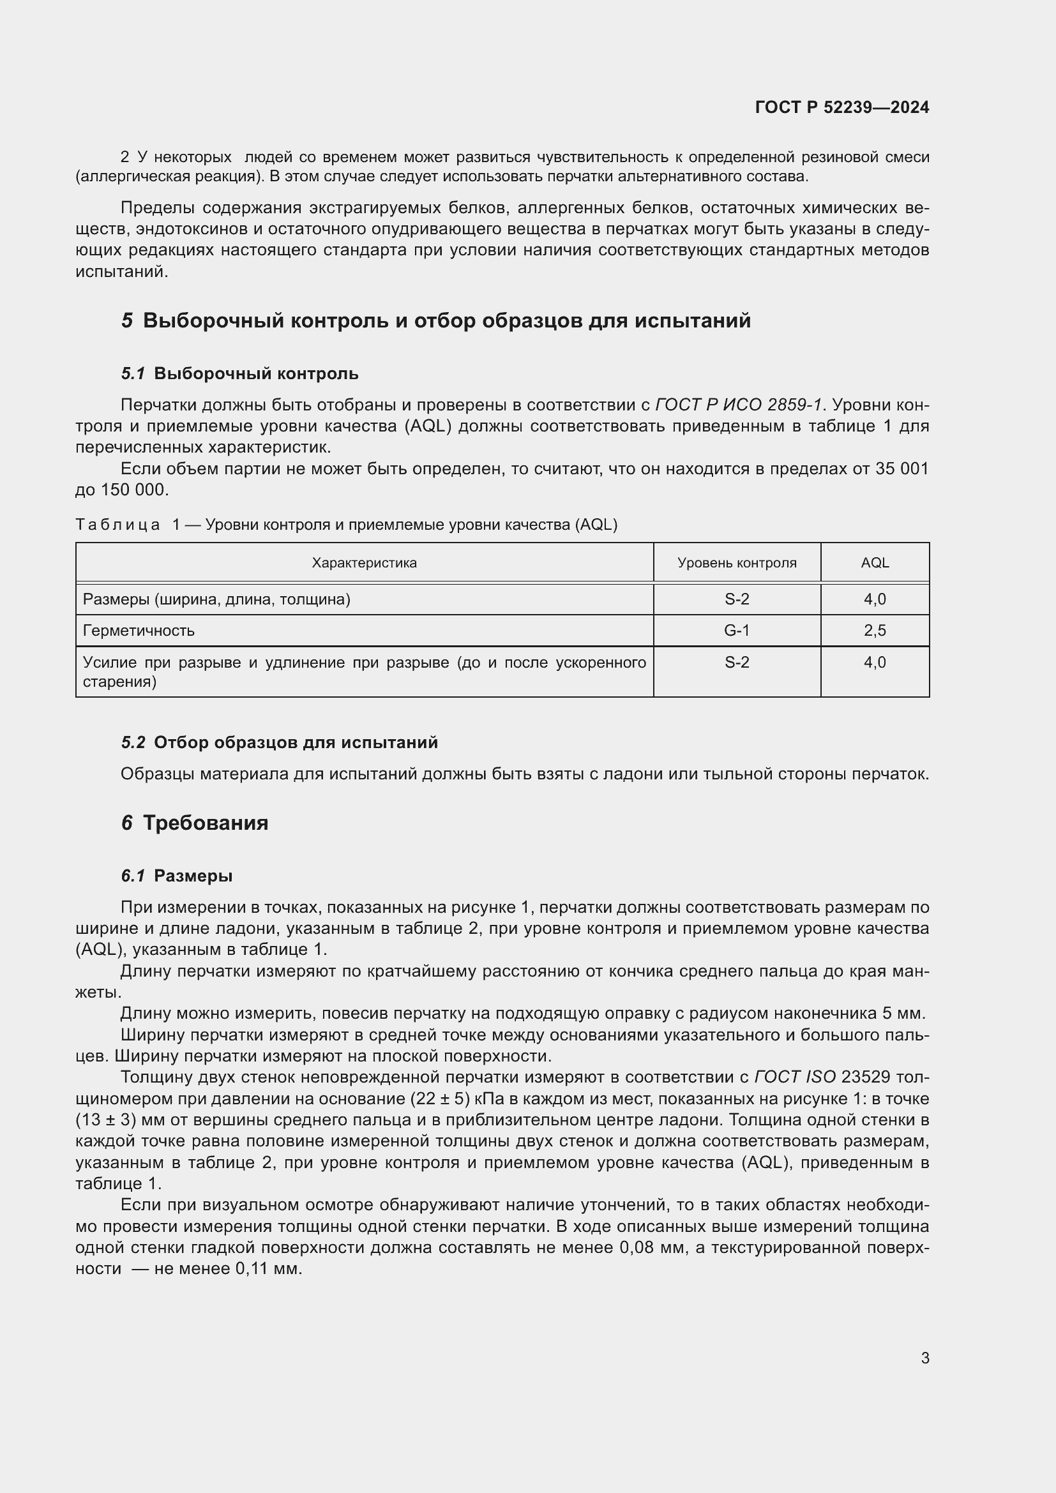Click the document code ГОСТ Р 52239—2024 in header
[x=841, y=107]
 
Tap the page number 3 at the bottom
[x=924, y=1358]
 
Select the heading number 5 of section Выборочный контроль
[x=127, y=320]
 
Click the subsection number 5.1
[x=133, y=374]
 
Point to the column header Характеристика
[x=364, y=562]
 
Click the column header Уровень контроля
[x=736, y=562]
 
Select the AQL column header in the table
[x=875, y=562]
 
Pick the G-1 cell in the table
[x=736, y=630]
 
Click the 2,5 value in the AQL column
[x=875, y=630]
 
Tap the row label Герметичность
[x=139, y=630]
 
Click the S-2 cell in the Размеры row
[x=736, y=599]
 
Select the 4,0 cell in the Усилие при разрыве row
[x=875, y=662]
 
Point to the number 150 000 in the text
[x=134, y=490]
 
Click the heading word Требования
[x=206, y=823]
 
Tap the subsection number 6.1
[x=133, y=876]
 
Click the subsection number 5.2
[x=133, y=742]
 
